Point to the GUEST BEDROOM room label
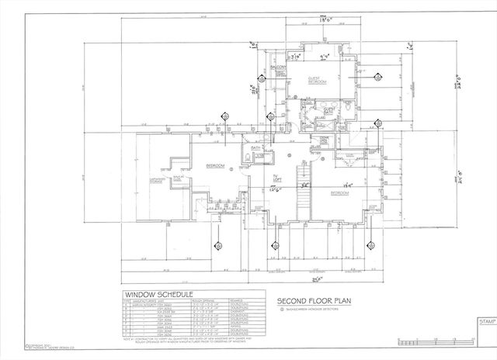point(315,80)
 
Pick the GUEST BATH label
point(328,111)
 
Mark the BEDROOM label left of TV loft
point(215,166)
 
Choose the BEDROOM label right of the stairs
point(339,192)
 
